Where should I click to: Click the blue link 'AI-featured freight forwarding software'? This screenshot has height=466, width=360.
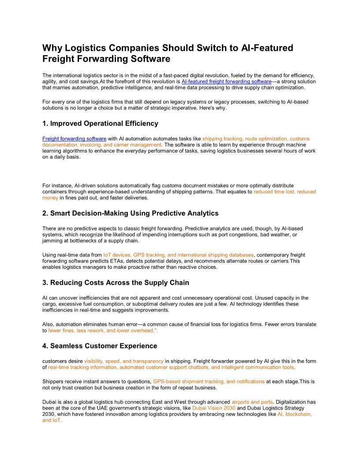point(226,82)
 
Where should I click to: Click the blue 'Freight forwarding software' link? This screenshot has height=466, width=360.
point(74,139)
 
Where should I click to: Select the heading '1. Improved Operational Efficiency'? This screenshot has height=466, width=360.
point(100,124)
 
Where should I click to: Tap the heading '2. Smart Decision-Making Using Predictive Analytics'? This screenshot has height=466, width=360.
point(130,213)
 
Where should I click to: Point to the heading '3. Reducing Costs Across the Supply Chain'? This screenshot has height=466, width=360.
point(116,282)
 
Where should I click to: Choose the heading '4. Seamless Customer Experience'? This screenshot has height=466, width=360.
point(100,346)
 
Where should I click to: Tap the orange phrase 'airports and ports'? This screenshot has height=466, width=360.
point(252,402)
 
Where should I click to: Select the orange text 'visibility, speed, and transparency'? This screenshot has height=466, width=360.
point(124,361)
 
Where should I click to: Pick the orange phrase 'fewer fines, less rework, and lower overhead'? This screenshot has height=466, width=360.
point(101,330)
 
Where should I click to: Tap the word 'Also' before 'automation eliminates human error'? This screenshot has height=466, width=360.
point(48,324)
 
